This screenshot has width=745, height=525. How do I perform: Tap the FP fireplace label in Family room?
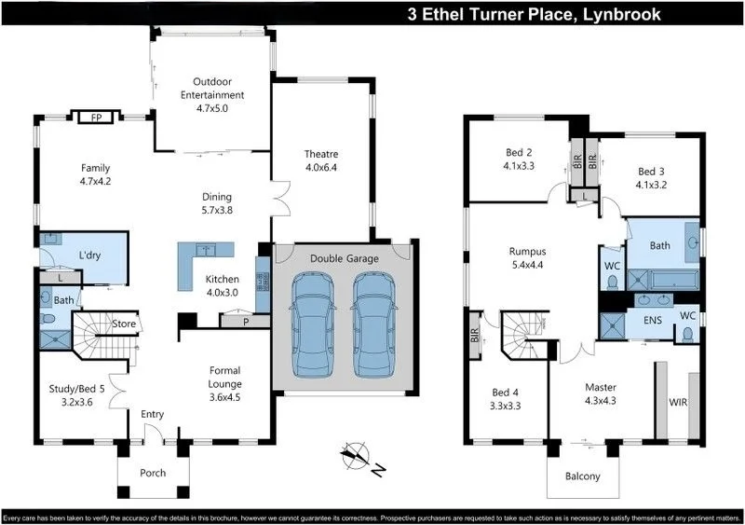click(96, 117)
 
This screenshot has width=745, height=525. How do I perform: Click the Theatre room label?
click(320, 154)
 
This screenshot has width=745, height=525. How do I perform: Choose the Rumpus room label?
click(527, 251)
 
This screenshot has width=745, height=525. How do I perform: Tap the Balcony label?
click(584, 477)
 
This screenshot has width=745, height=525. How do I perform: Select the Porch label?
click(152, 473)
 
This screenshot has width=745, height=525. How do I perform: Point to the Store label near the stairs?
click(124, 324)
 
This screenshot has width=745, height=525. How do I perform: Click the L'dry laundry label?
click(89, 255)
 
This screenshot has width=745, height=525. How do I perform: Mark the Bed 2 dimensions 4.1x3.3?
click(518, 168)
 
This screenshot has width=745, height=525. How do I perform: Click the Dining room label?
click(217, 197)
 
